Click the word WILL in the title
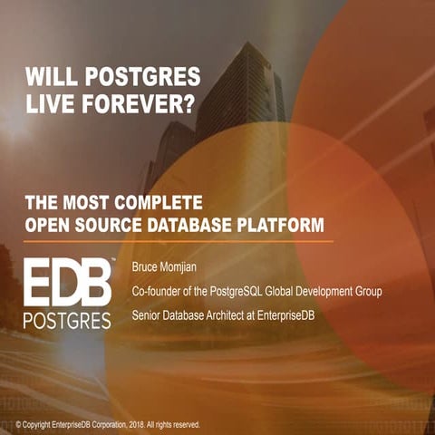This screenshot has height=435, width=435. click(x=47, y=75)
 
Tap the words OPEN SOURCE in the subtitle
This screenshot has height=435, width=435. click(x=80, y=224)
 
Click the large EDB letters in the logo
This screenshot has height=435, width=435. click(x=67, y=285)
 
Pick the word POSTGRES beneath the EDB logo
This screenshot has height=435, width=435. click(x=67, y=321)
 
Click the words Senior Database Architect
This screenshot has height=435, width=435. click(x=194, y=315)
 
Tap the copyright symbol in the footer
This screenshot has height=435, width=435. click(x=6, y=424)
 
